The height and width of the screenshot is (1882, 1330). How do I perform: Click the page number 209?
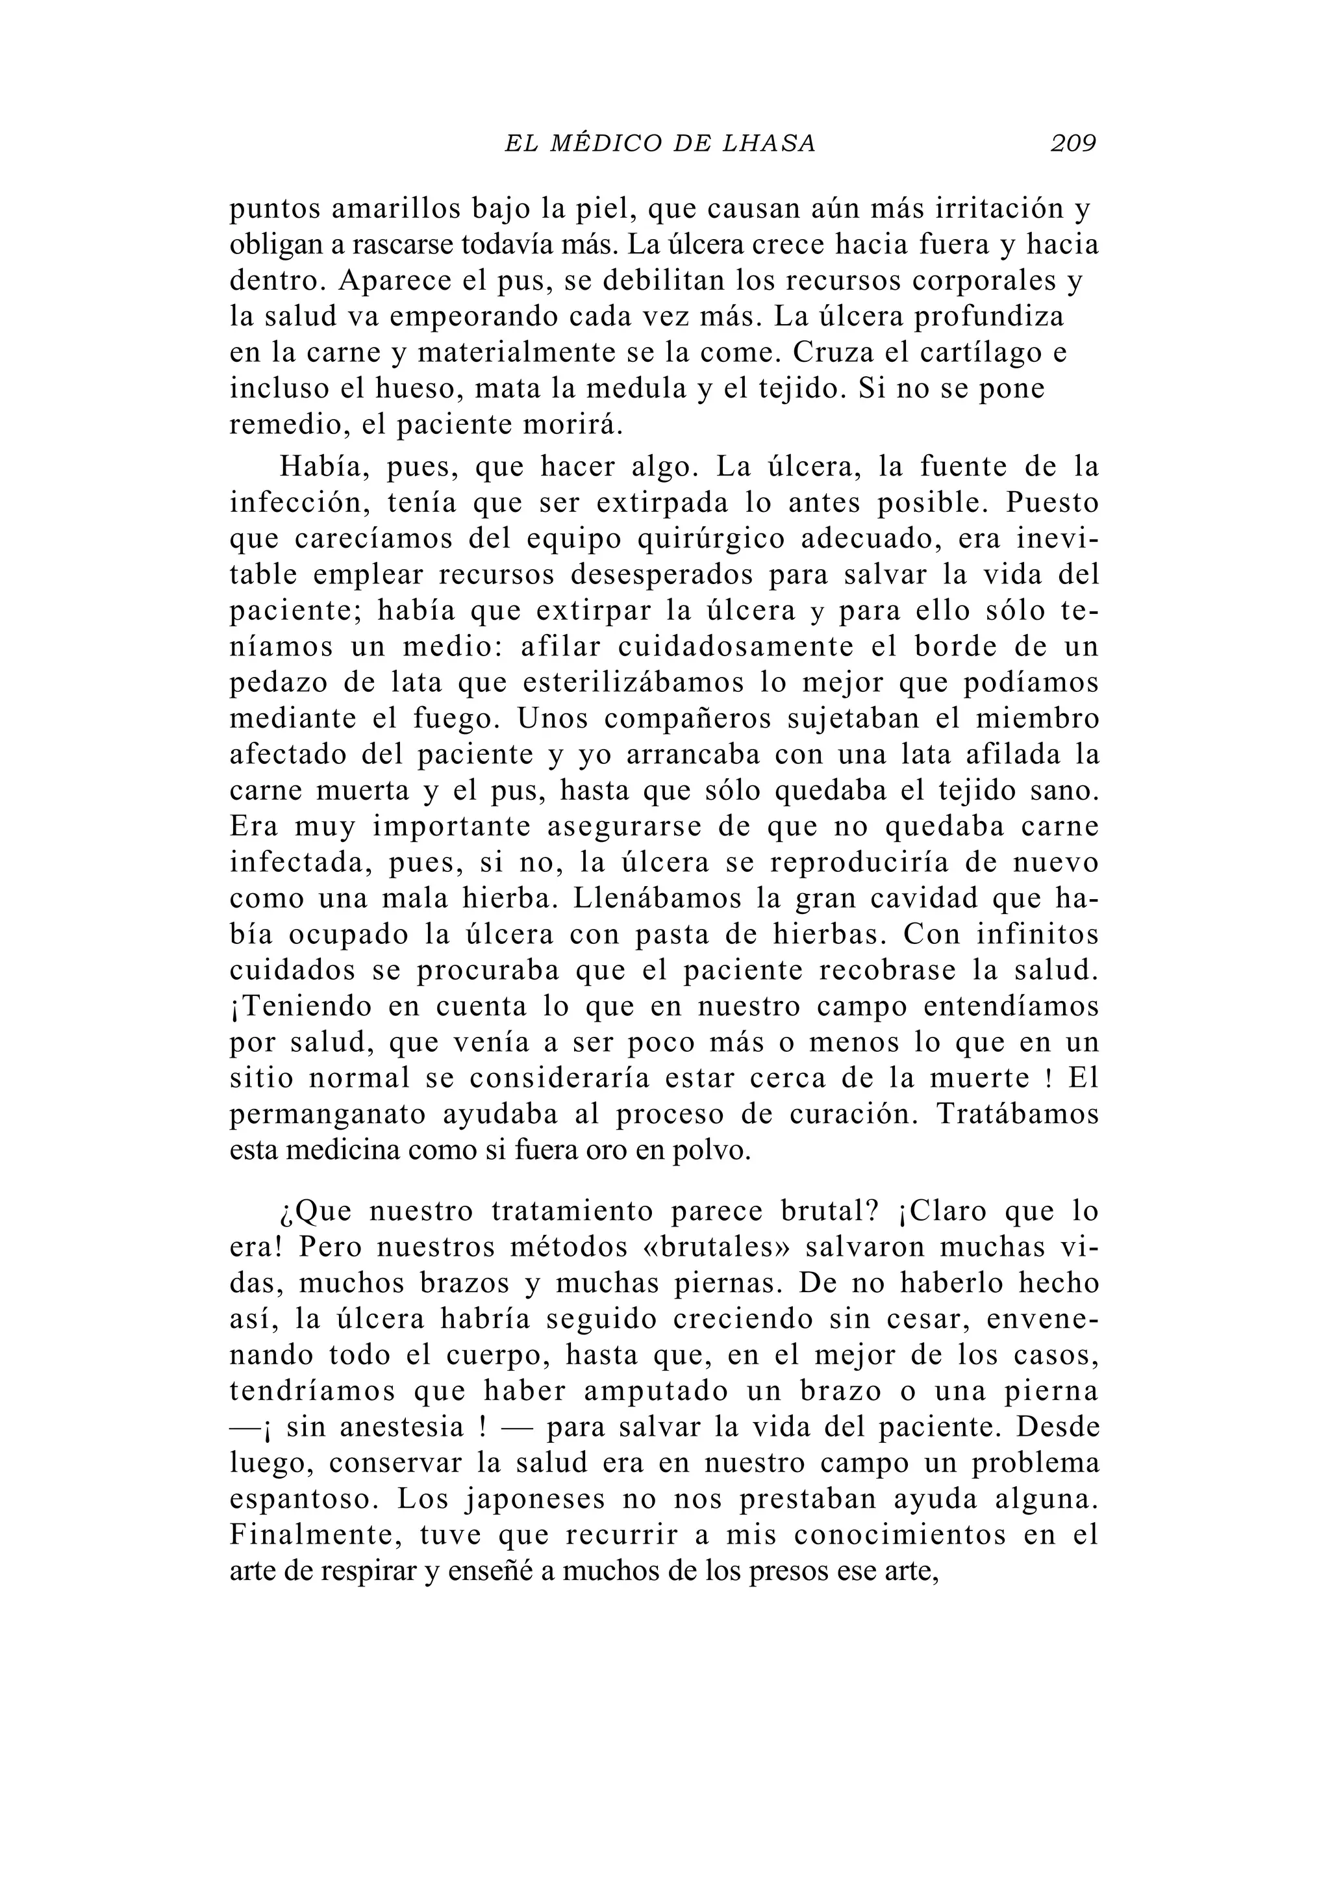point(1073,144)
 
